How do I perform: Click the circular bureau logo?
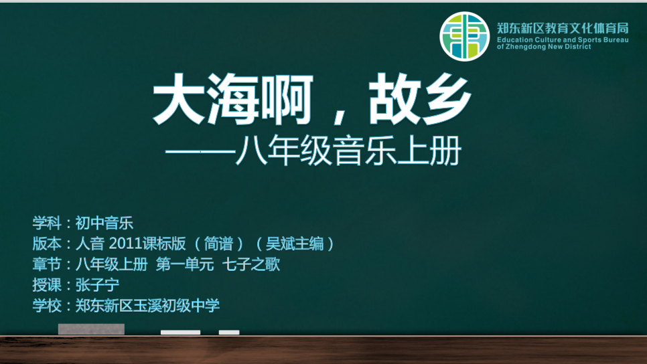[464, 36]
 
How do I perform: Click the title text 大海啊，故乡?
[312, 99]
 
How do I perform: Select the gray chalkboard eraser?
[91, 329]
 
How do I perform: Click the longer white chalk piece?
[180, 333]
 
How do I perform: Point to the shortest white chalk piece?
[229, 333]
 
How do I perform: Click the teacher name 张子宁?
[97, 285]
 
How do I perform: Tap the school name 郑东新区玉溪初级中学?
[147, 306]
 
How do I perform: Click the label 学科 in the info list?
[47, 223]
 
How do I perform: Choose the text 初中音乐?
[104, 223]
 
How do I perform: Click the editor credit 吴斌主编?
[295, 244]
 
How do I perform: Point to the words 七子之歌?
[251, 264]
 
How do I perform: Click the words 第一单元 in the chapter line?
[185, 264]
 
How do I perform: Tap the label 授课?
[47, 285]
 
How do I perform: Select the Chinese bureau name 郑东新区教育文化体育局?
[563, 28]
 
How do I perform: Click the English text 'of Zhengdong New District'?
[544, 47]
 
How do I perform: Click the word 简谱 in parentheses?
[219, 244]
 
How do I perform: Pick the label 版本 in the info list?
[47, 244]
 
